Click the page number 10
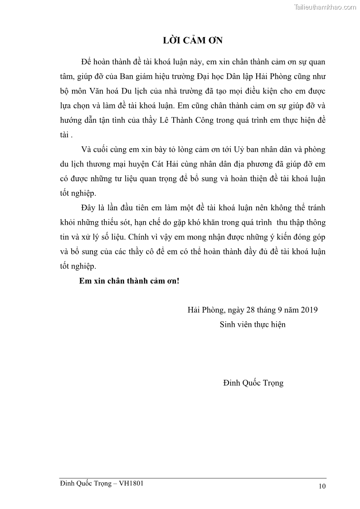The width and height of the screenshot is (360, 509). pos(322,486)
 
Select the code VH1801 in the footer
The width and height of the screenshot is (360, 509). pos(131,484)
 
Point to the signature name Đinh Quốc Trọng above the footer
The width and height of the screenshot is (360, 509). pos(253,383)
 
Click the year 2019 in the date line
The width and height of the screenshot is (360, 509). pos(308,310)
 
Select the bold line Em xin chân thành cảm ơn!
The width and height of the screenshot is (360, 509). pos(129,281)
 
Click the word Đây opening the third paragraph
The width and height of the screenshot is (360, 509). pos(89,208)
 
